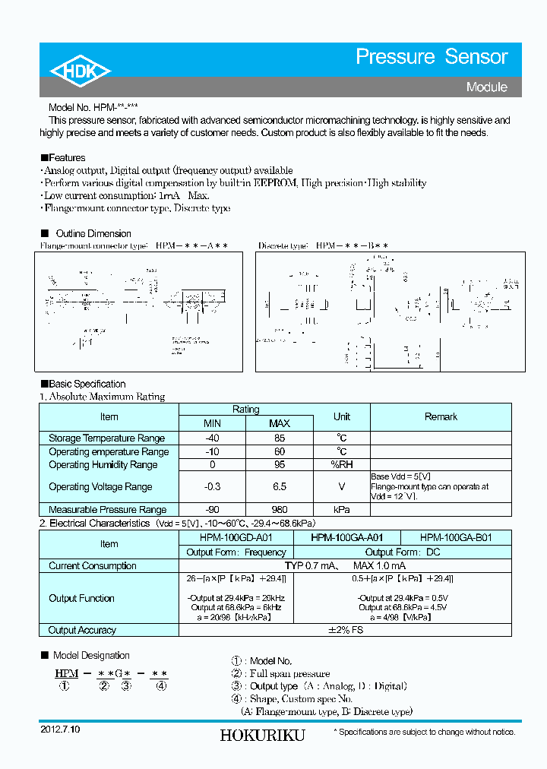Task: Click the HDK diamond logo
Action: pos(81,71)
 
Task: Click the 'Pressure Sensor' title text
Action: pos(432,57)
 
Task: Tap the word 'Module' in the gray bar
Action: pos(486,87)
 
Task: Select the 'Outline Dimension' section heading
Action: pos(93,233)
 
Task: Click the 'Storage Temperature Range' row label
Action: pos(106,438)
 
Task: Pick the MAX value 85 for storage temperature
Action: pos(279,438)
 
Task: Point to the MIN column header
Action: pos(212,423)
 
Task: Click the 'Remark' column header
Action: pos(441,416)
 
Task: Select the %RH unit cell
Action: pos(341,464)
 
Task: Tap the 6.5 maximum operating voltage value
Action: pos(279,486)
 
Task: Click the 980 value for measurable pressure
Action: pos(279,509)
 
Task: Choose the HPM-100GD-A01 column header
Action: pos(226,537)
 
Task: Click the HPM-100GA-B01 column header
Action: pos(456,537)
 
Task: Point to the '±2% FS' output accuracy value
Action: pos(345,630)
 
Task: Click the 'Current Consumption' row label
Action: pos(93,565)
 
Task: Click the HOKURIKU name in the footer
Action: pos(262,736)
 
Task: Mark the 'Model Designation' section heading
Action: pos(90,655)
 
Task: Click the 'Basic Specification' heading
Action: pos(87,384)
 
